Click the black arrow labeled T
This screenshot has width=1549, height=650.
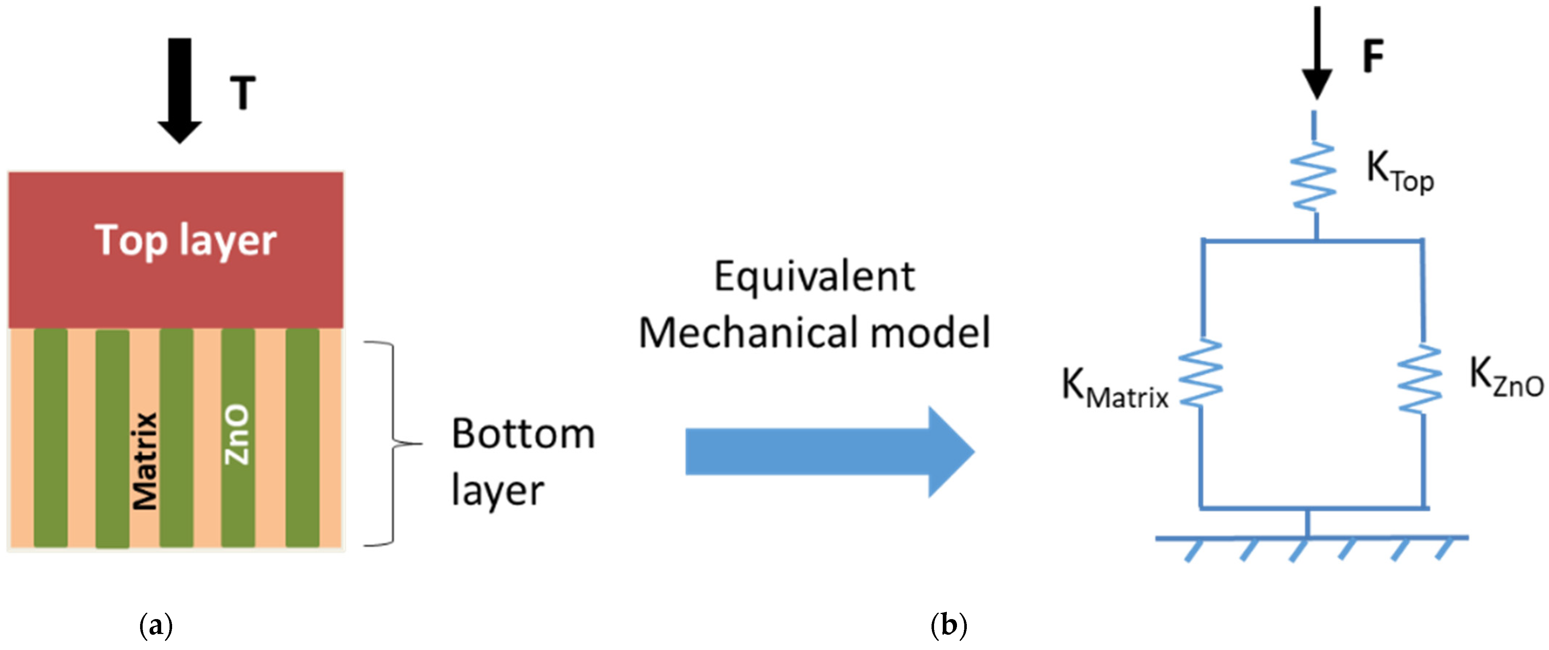pos(179,90)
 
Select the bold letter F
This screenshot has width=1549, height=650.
pos(1373,56)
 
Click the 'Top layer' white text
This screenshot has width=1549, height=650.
pos(185,240)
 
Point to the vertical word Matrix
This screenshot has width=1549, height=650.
pos(145,460)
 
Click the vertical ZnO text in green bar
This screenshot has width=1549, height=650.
pos(236,434)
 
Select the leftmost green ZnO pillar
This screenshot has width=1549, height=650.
pos(51,438)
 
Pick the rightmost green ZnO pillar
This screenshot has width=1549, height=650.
pos(302,438)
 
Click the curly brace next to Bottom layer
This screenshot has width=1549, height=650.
pos(391,444)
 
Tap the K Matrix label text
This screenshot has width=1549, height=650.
pos(1114,389)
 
